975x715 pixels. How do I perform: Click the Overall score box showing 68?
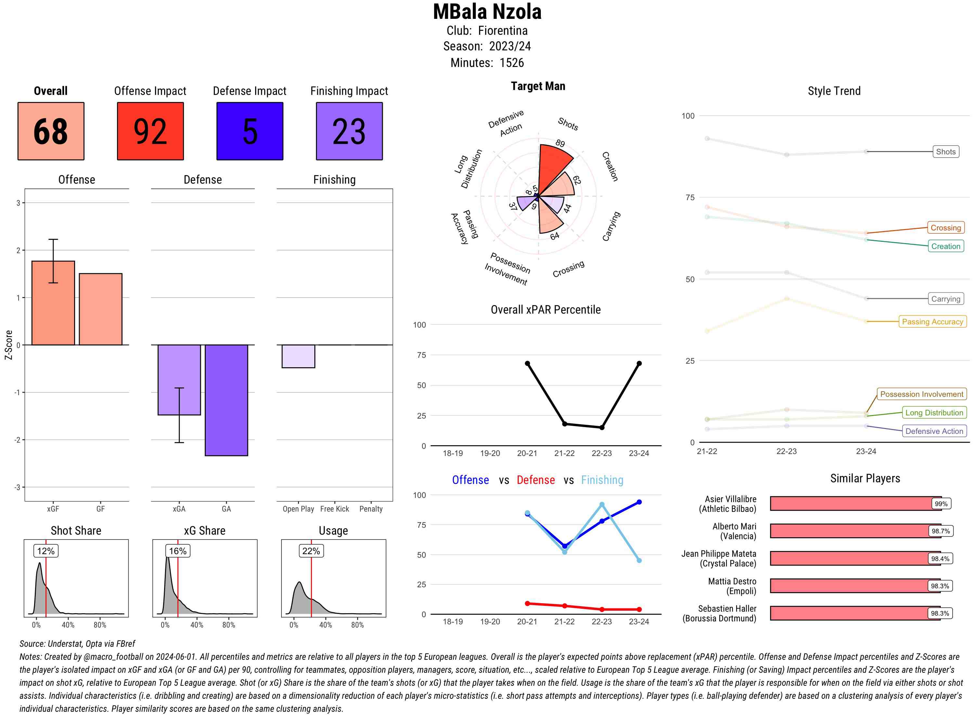pos(51,131)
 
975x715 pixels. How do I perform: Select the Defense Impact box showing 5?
pos(250,131)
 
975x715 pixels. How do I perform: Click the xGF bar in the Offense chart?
pos(53,303)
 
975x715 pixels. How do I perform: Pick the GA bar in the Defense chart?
pos(226,400)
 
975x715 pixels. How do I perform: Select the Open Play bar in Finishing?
pos(298,356)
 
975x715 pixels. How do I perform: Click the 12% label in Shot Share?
pos(46,551)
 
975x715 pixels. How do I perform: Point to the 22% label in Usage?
pos(311,551)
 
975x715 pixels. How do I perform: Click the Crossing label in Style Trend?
pos(945,227)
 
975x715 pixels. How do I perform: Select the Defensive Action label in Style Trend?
pos(934,431)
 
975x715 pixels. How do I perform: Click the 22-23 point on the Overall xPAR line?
pos(602,428)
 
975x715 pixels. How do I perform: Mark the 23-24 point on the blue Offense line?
pos(639,502)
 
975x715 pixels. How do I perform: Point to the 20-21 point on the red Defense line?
pos(527,603)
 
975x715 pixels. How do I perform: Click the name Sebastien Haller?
pos(727,608)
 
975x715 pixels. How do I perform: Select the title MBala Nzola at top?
pos(487,12)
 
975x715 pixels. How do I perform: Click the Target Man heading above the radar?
pos(538,86)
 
